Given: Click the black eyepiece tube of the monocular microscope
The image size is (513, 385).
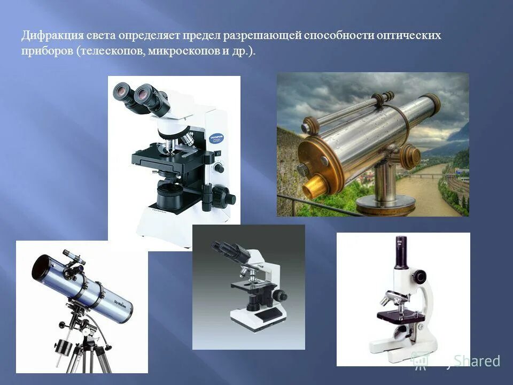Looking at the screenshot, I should click(x=401, y=252).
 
